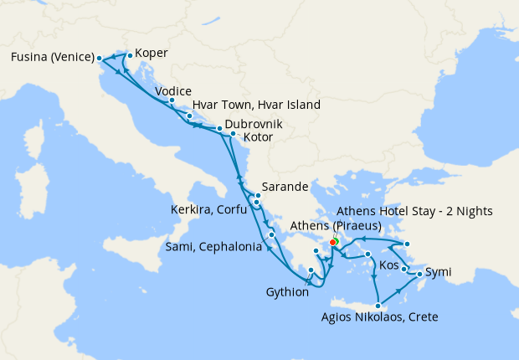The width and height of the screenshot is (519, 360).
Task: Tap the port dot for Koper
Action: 129,55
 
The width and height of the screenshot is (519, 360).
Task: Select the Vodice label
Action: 173,91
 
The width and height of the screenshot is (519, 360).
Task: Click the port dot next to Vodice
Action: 172,100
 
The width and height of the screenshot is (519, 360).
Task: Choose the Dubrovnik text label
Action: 254,124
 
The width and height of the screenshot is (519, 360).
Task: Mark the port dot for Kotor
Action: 233,133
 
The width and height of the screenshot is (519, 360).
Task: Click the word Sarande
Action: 286,186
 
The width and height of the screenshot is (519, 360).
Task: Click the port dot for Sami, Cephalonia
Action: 271,235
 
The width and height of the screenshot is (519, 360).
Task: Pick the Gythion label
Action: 287,292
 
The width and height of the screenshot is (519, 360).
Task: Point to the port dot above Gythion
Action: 311,270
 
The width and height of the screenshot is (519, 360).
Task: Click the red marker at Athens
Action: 333,243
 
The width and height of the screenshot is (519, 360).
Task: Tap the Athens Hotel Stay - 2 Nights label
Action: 425,210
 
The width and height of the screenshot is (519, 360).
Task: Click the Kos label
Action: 389,265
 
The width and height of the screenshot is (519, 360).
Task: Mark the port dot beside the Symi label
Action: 419,274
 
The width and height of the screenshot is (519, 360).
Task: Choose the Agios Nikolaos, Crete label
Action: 380,317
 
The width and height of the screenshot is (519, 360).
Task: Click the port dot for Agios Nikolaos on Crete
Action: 379,305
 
